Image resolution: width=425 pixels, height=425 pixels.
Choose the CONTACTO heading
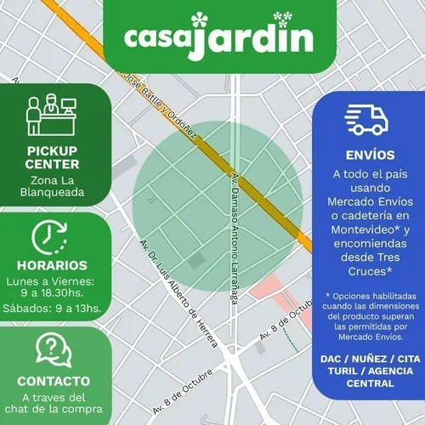click(x=54, y=380)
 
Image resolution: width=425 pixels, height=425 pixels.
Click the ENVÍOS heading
click(x=371, y=156)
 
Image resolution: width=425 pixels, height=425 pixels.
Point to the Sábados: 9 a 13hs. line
click(x=54, y=309)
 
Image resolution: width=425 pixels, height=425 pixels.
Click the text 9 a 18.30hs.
click(x=54, y=293)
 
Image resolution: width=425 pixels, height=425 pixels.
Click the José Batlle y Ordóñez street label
click(x=161, y=107)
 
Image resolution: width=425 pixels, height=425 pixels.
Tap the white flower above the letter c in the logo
click(x=200, y=19)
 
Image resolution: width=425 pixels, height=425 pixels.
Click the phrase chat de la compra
click(x=54, y=411)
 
